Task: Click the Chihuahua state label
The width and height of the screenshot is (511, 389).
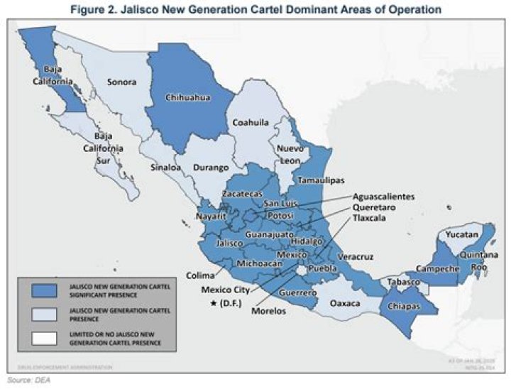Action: pos(189,99)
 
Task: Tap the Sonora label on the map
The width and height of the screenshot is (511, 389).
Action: pos(121,82)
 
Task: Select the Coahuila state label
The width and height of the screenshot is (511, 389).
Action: pos(253,122)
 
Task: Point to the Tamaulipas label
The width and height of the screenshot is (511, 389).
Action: pos(321,180)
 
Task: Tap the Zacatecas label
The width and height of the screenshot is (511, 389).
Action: pos(242,193)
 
